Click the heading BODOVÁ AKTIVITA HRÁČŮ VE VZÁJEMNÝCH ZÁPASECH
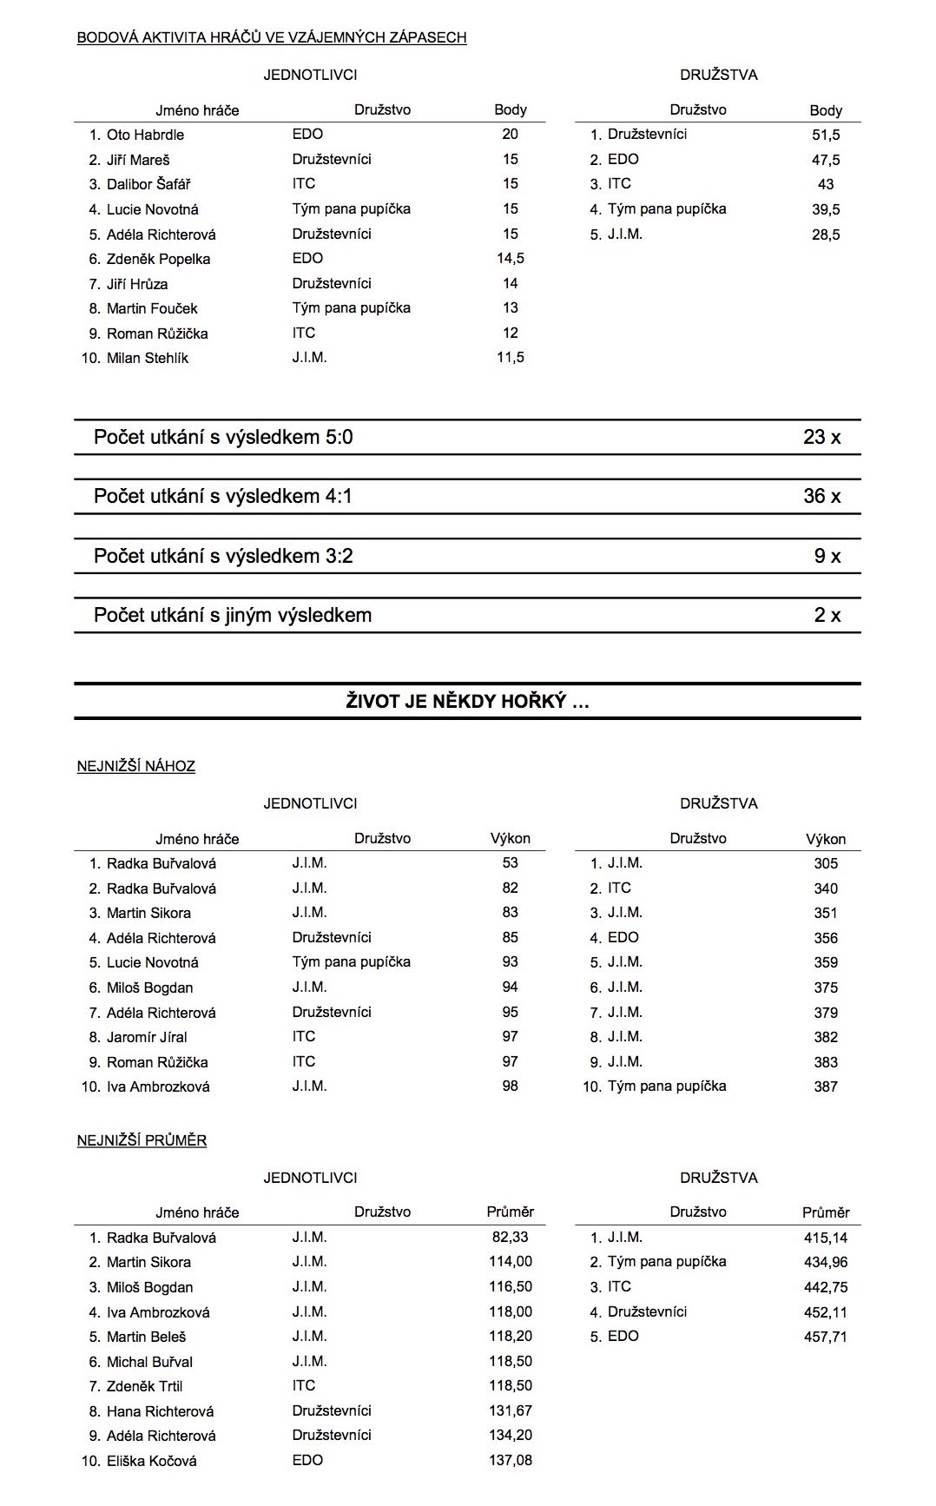[272, 37]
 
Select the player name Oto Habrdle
[145, 135]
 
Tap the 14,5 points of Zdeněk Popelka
[510, 258]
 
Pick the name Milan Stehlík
[147, 358]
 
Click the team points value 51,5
[825, 135]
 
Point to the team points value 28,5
[825, 234]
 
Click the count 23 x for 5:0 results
[821, 437]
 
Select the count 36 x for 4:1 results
[821, 496]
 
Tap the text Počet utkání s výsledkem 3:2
[223, 556]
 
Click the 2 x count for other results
[827, 615]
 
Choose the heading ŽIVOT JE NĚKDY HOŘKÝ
[467, 702]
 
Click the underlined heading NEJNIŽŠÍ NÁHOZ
[136, 766]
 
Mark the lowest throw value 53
[510, 862]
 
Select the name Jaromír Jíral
[147, 1037]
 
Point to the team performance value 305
[826, 863]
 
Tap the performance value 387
[826, 1087]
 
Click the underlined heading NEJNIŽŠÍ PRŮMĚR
[142, 1140]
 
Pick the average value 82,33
[510, 1237]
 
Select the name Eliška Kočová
[151, 1461]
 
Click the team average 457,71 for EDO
[825, 1337]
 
